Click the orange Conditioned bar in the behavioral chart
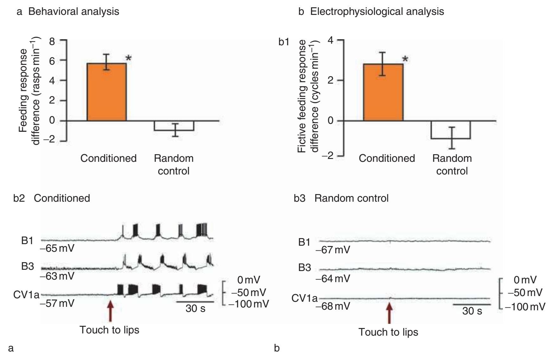[106, 92]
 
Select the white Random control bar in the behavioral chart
[174, 126]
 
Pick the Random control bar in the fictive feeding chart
[451, 130]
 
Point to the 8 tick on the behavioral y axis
[52, 41]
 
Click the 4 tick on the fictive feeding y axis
[331, 41]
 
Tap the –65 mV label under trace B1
[57, 248]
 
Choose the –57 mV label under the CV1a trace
[57, 303]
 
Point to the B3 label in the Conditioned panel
[28, 266]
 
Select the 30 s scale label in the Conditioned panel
[195, 308]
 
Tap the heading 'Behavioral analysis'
[74, 12]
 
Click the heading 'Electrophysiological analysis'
[377, 12]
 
